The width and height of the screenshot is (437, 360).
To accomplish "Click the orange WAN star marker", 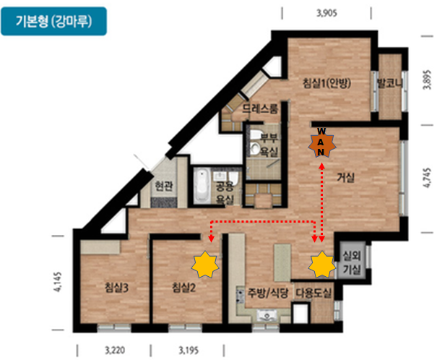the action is pos(321,145).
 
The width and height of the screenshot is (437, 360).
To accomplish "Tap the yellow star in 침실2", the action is pos(205,265).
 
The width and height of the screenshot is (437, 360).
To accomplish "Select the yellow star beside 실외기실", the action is pos(322,265).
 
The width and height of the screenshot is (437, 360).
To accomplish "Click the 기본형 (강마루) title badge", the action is pos(53,21).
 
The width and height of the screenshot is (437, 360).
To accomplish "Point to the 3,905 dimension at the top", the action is pos(326,13).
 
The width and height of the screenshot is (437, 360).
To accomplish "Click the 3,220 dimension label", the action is pos(115,350).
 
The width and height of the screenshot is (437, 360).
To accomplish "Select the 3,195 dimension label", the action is pos(189,350).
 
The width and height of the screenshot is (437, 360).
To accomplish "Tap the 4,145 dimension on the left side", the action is pos(58,282).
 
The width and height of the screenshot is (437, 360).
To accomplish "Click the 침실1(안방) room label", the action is pos(326,83).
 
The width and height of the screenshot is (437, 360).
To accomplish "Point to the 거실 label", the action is pos(346,177).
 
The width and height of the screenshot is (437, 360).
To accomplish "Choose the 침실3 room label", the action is pos(116,287).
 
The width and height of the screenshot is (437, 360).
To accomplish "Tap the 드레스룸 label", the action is pos(260,108).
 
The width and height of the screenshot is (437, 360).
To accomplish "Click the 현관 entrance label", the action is pos(164,186).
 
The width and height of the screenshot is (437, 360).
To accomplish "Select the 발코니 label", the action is pos(389,83).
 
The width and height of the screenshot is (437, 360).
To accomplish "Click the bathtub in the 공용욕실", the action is pos(202,185).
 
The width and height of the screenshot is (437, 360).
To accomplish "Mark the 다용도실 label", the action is pos(313,293).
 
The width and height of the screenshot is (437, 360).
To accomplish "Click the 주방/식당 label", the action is pos(267,293).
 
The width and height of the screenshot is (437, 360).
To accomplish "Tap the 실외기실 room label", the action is pos(352,262).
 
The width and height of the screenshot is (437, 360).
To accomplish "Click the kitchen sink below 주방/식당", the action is pos(267,316).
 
